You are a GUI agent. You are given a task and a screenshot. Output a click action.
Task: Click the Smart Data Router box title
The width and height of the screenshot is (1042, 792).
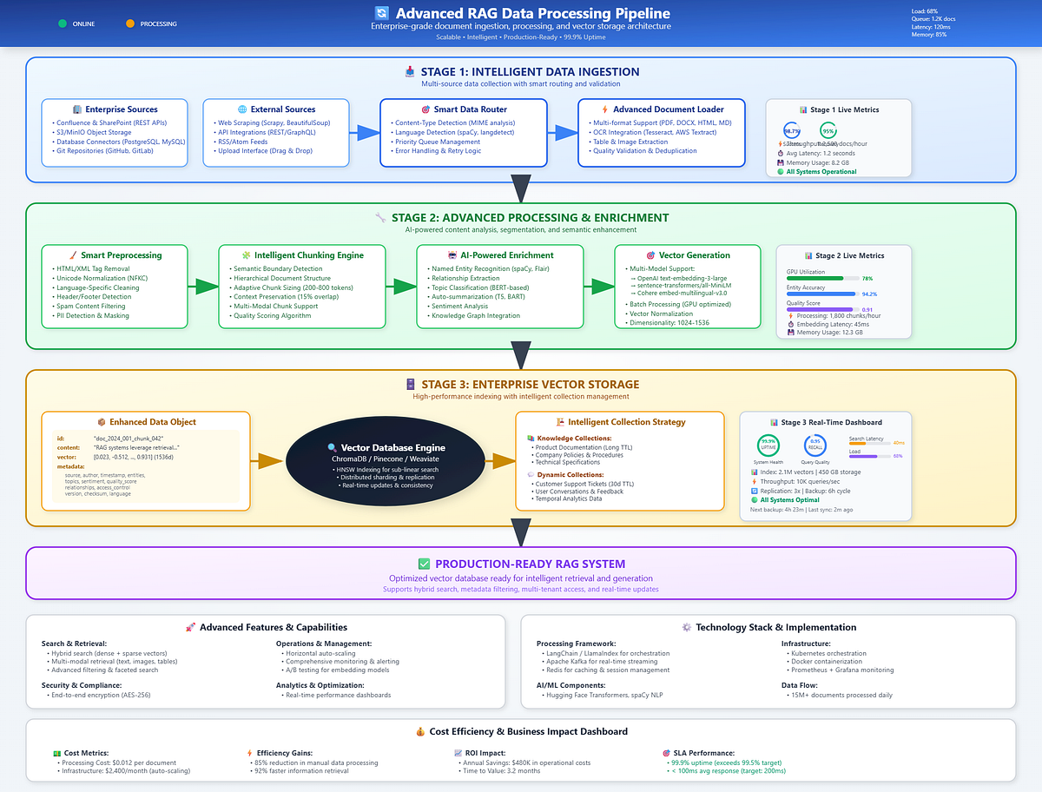[471, 109]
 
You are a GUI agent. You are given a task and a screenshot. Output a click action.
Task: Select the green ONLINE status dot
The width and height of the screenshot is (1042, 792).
[63, 23]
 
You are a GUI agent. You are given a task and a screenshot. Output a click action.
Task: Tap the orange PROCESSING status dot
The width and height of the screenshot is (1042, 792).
[130, 23]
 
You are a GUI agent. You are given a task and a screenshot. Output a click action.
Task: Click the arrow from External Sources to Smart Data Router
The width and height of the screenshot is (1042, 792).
[365, 132]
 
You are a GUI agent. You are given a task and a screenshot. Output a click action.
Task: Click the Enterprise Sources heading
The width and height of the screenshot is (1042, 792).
[121, 109]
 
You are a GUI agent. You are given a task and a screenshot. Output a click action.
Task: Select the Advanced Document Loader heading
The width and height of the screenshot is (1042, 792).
[668, 109]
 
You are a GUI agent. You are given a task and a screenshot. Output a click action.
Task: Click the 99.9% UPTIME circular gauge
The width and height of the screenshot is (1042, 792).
[768, 445]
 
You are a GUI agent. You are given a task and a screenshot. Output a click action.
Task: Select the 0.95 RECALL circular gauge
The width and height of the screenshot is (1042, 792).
[814, 445]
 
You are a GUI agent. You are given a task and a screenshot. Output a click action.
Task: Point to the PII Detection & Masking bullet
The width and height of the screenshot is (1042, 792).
[92, 315]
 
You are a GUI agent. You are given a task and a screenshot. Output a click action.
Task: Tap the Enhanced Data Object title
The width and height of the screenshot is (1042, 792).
[152, 422]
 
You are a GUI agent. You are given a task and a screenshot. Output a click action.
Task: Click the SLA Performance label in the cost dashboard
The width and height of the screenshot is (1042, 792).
[703, 753]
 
